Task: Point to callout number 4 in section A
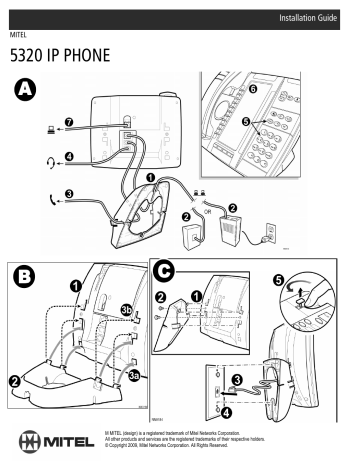[x=68, y=156]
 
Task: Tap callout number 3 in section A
[x=68, y=194]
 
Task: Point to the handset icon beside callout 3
[x=40, y=195]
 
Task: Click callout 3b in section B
[x=126, y=310]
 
